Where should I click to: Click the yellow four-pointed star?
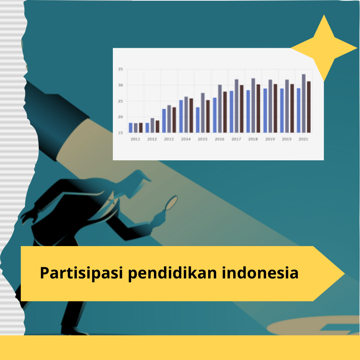pos(324,48)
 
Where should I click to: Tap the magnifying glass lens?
pos(172,203)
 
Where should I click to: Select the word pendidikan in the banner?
pos(172,273)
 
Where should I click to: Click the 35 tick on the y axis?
pos(121,69)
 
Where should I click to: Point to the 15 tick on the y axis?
pos(121,133)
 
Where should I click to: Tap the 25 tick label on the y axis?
pos(121,101)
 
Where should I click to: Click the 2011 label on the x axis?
pos(135,139)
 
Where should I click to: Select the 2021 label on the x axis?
pos(303,139)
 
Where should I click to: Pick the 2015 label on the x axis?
pos(202,139)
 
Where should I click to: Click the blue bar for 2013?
pos(164,121)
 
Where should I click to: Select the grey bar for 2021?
pos(304,103)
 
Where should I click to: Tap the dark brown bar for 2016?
pos(225,112)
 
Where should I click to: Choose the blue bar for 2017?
pos(231,111)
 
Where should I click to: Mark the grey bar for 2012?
pos(153,126)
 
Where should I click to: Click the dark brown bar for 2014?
pos(191,115)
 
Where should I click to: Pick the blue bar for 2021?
pos(298,110)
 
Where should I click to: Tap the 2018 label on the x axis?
pos(253,139)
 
